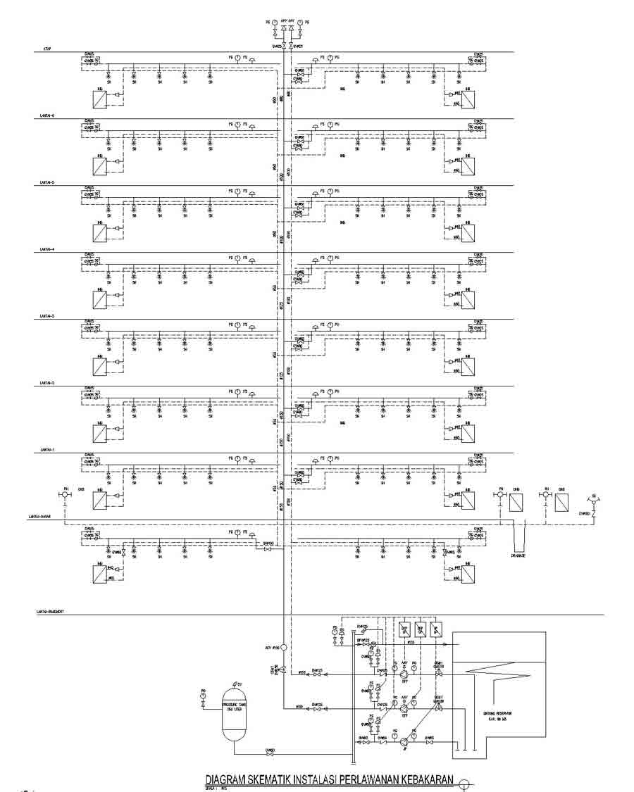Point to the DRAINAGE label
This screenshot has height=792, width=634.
click(520, 555)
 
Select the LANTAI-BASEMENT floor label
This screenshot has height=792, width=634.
click(51, 612)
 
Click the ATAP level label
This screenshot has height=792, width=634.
click(45, 49)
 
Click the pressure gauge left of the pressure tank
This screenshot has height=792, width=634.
click(203, 696)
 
